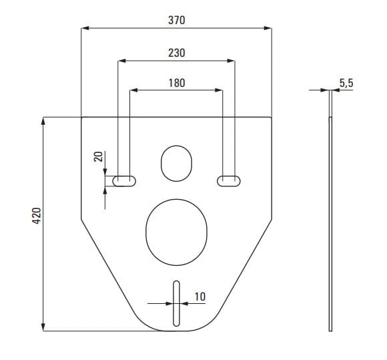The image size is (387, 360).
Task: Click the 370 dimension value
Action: [176, 20]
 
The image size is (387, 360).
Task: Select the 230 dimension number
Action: [176, 53]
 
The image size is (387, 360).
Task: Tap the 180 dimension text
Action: [177, 83]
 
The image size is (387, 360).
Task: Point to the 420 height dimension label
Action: [37, 216]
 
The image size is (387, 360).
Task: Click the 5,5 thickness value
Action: [346, 83]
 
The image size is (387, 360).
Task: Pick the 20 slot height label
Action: [98, 156]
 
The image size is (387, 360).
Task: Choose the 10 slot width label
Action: [200, 297]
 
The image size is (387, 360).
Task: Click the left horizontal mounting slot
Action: [124, 181]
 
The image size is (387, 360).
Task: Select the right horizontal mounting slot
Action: [229, 181]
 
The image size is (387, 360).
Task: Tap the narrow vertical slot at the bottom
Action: [176, 303]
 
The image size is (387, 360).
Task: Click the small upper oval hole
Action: [176, 164]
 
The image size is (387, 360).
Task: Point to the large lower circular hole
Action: [176, 232]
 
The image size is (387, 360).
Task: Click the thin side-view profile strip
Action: [330, 210]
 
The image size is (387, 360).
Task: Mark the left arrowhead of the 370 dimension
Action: [85, 28]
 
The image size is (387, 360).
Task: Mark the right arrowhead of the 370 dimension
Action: [268, 28]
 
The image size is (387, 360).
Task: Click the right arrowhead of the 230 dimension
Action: [231, 61]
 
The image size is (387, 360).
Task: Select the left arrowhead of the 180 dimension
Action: [133, 90]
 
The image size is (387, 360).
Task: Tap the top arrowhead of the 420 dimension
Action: [43, 121]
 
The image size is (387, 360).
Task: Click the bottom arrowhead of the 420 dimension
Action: [43, 327]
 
